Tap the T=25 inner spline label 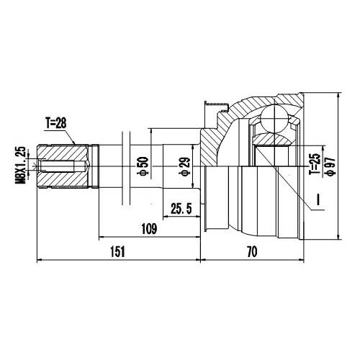(313, 164)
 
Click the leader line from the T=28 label (71, 134)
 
